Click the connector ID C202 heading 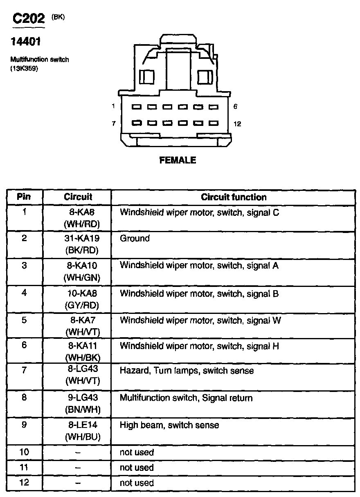coord(28,19)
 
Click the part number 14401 coord(25,42)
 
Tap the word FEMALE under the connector coord(178,160)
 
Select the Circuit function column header coord(234,197)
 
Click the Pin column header coord(24,197)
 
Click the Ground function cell coord(135,238)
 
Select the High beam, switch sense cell coord(169,425)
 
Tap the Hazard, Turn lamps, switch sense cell coord(187,371)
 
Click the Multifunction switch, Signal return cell coord(186,398)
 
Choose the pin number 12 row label coord(24,483)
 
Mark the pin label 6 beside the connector coord(235,107)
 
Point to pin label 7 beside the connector coord(114,123)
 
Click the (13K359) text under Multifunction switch coord(24,69)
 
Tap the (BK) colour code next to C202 coord(58,17)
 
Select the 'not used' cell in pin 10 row coord(137,452)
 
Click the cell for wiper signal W coord(200,320)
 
